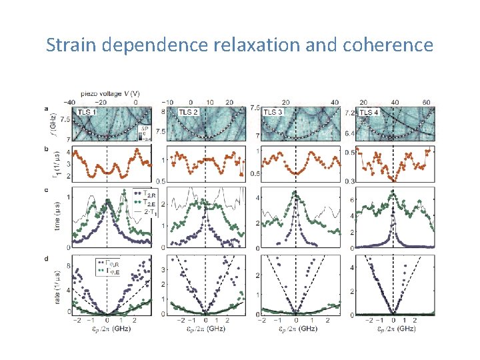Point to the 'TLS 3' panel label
pos(273,112)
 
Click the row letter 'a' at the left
pos(45,108)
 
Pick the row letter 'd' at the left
pos(45,259)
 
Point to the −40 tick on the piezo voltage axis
pos(69,102)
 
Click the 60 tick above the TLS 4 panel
pos(427,102)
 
